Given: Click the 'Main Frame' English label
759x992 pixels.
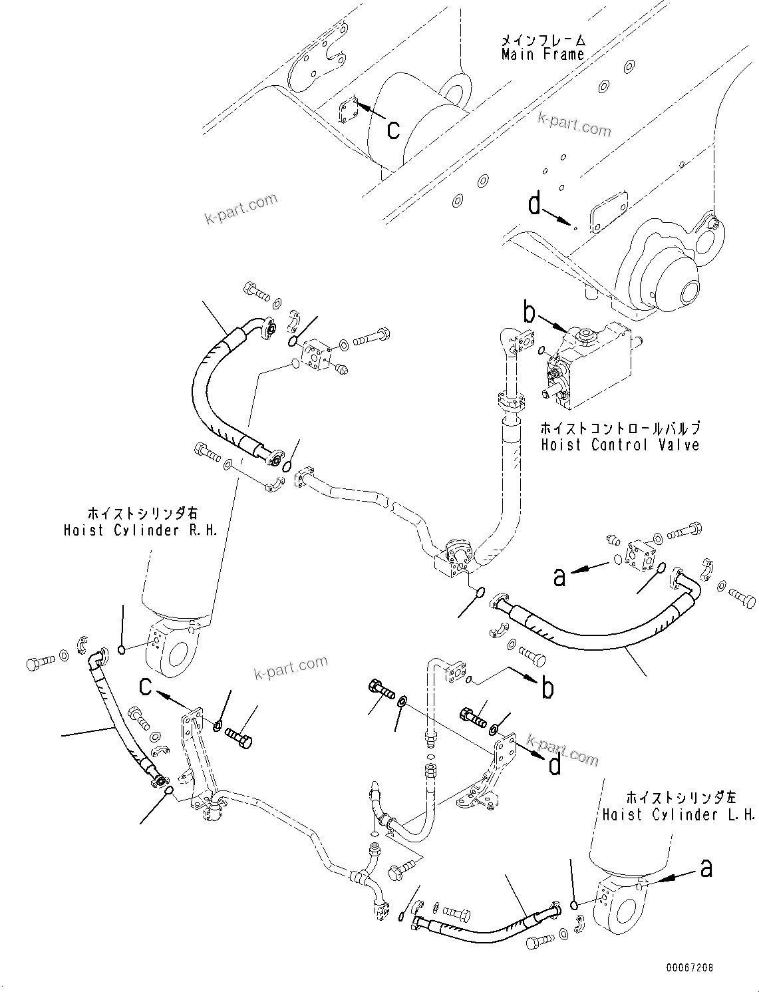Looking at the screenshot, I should (x=543, y=55).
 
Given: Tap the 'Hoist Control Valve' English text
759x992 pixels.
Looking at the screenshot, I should (x=620, y=444).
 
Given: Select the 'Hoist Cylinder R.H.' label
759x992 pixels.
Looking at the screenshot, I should (x=140, y=530).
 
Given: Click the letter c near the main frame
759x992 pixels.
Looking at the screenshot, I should (x=393, y=130).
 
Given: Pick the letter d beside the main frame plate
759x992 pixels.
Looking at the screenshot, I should (x=535, y=204).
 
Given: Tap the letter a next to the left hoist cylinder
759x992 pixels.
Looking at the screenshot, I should (x=706, y=868).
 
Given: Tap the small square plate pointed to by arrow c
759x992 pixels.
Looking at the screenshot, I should (x=347, y=111).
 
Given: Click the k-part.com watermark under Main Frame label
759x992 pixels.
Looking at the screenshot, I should (x=574, y=124).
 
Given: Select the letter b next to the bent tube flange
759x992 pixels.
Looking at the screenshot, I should (x=547, y=689).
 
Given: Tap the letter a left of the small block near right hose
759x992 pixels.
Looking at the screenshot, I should (x=559, y=576).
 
